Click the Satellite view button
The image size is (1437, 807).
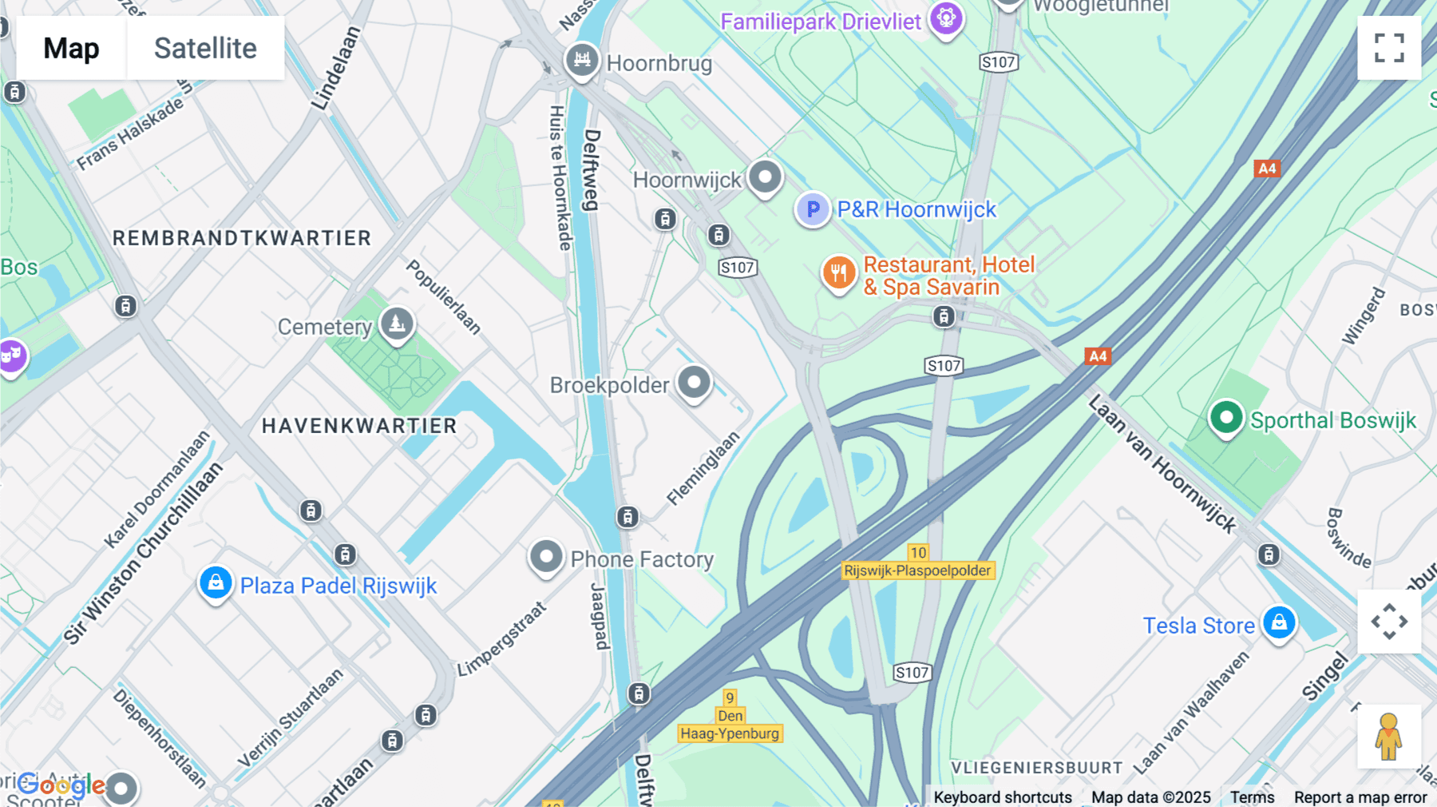point(205,48)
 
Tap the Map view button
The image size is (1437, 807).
point(71,48)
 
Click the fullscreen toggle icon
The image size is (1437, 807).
point(1389,48)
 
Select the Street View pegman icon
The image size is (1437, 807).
point(1388,736)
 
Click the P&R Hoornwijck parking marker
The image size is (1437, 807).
point(813,209)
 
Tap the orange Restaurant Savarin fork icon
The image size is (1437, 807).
point(838,273)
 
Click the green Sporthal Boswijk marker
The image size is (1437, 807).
point(1226,417)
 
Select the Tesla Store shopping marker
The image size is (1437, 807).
point(1279,622)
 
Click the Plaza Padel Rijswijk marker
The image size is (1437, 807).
point(216,583)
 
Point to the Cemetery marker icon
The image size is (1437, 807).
point(397,324)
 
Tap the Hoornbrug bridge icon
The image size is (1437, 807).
point(582,60)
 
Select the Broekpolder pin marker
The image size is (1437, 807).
point(694,383)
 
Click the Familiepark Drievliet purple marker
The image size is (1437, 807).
point(946,18)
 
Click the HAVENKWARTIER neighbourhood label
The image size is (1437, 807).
point(359,426)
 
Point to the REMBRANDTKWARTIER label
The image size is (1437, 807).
point(242,238)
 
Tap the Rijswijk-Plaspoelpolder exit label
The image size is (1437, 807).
point(918,570)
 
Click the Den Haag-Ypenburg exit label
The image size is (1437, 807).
point(730,725)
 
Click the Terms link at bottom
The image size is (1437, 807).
point(1252,797)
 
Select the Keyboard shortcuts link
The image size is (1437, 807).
point(1003,797)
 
